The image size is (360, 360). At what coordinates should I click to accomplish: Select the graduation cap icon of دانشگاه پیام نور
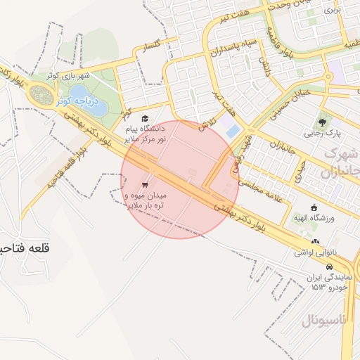click(145, 119)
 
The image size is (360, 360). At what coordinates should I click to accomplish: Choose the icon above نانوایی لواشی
click(314, 242)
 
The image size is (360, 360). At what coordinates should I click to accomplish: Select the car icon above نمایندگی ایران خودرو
click(328, 267)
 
